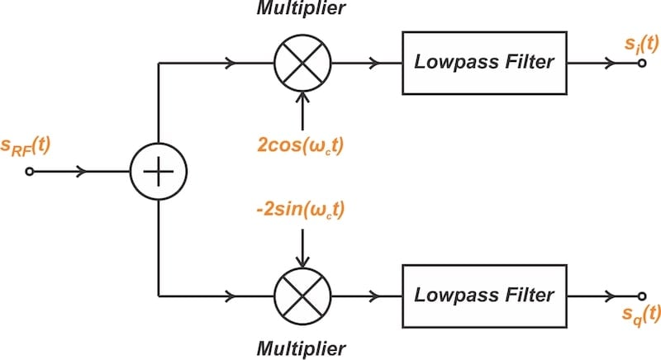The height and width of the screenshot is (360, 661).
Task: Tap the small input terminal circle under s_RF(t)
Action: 31,172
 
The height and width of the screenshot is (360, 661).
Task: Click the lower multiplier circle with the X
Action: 303,295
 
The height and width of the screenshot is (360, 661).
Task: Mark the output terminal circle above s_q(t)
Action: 640,295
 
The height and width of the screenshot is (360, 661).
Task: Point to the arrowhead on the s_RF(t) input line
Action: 82,172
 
